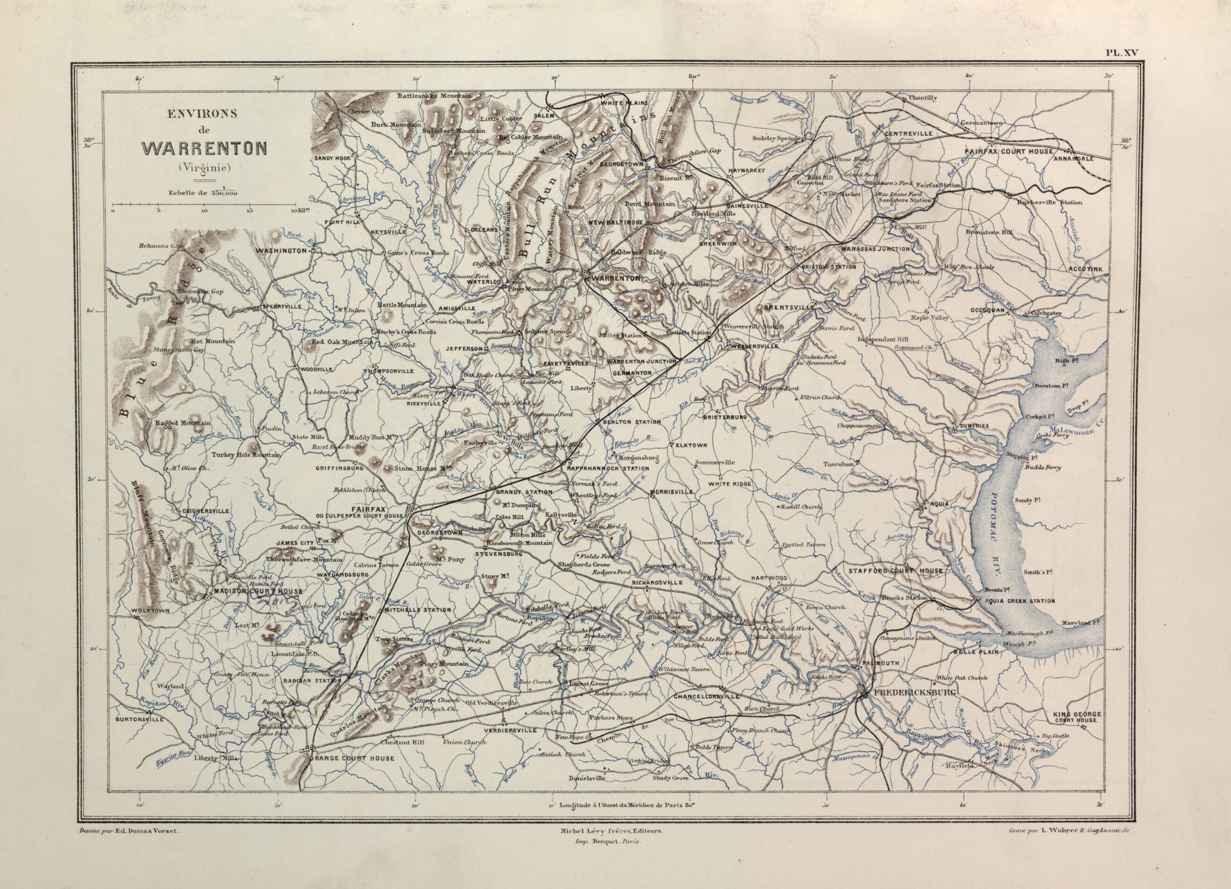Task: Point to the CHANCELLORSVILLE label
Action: (706, 696)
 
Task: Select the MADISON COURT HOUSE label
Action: (258, 590)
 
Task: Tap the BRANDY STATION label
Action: (524, 492)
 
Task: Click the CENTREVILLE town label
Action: (908, 133)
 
